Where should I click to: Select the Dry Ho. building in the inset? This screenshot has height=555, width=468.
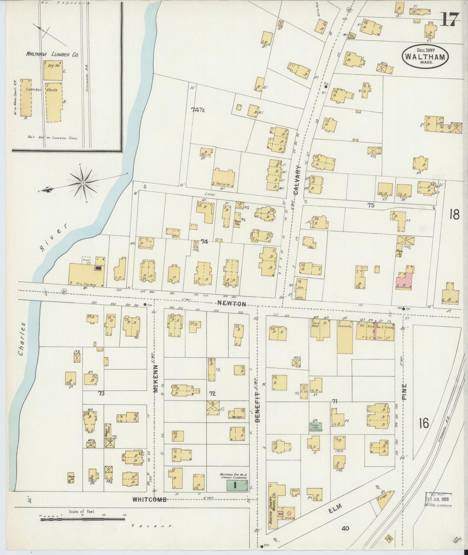[x=53, y=70]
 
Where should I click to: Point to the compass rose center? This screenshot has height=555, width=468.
[x=84, y=183]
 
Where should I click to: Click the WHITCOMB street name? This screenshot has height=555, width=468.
[x=149, y=508]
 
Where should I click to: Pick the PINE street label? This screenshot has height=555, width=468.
[x=404, y=393]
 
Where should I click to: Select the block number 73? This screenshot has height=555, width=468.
[x=101, y=393]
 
